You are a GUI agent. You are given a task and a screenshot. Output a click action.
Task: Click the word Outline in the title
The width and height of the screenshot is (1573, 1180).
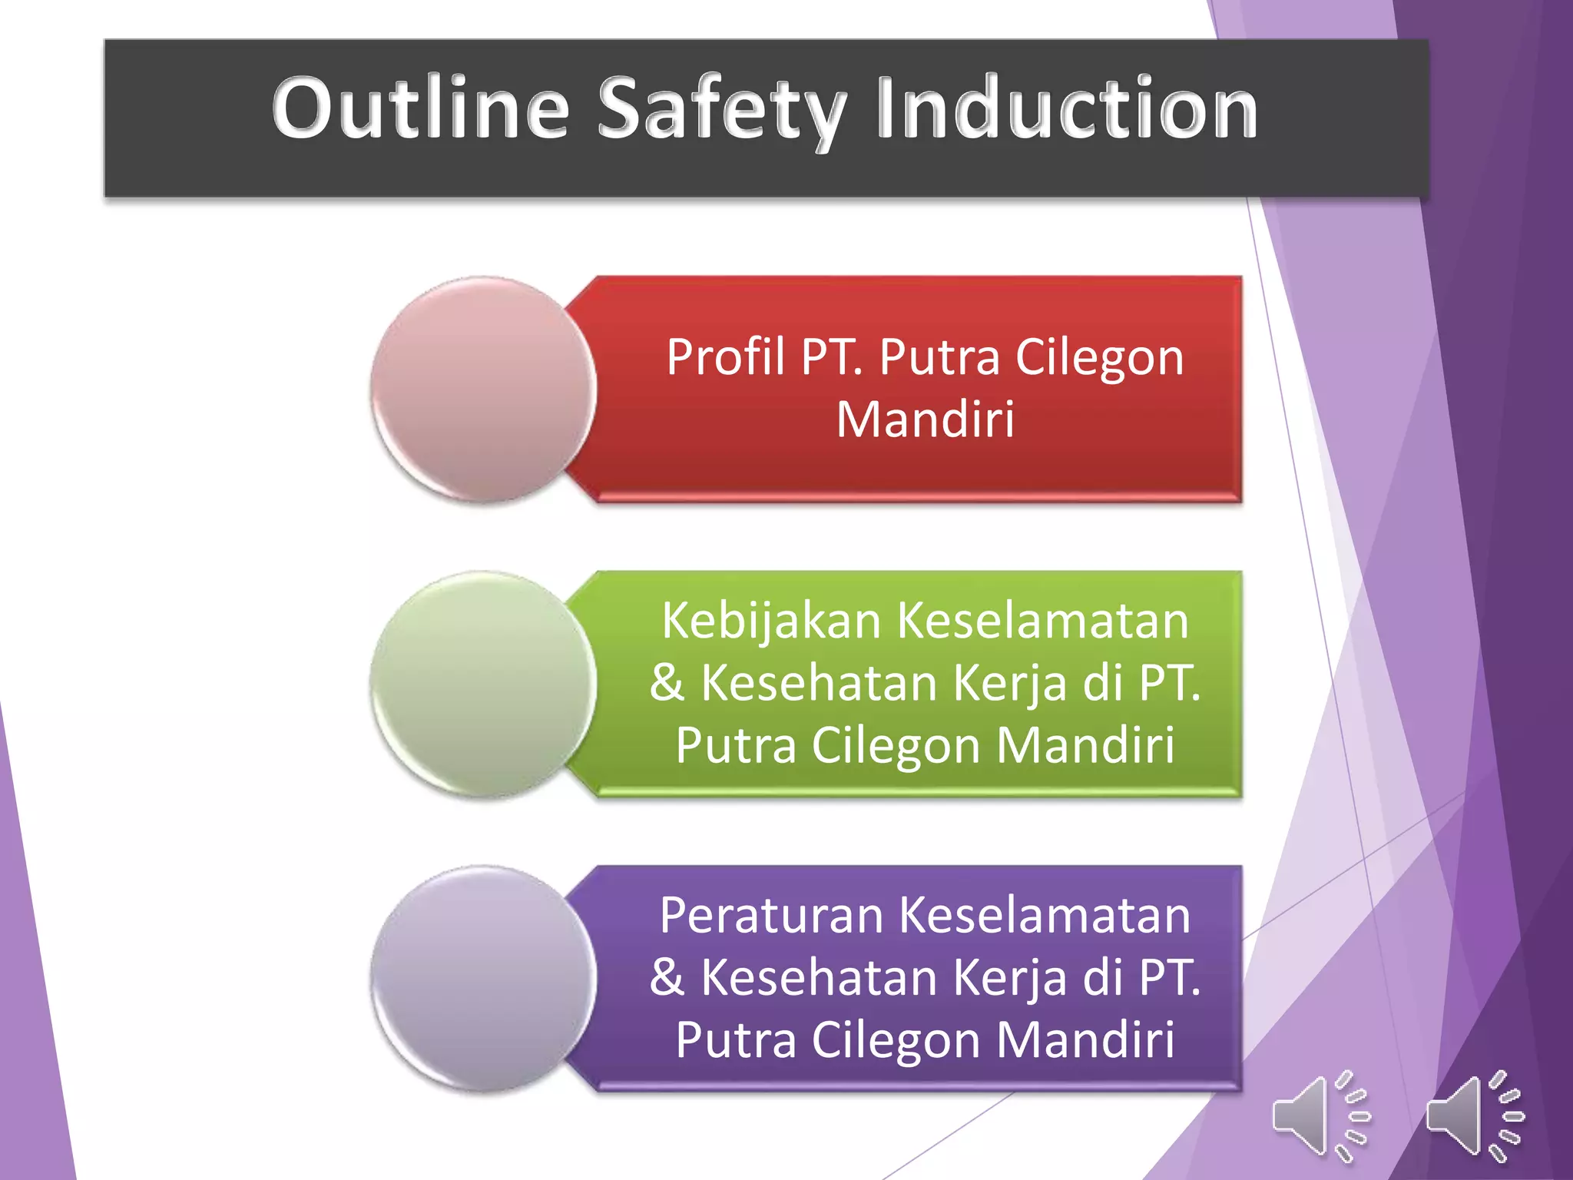(x=420, y=109)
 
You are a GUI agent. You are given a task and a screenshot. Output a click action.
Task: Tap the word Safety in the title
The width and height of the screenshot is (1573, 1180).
(x=722, y=109)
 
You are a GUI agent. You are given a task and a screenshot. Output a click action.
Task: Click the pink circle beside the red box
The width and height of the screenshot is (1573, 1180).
(x=483, y=389)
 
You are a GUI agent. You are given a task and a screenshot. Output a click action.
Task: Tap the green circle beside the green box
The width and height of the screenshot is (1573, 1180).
(x=483, y=684)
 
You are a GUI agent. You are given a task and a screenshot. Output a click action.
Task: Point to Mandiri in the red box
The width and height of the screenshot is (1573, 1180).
(x=925, y=420)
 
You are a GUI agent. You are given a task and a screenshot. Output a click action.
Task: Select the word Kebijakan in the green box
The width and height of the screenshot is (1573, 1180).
(x=771, y=621)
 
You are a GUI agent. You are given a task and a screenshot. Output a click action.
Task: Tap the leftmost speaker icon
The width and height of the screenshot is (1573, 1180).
(x=1320, y=1115)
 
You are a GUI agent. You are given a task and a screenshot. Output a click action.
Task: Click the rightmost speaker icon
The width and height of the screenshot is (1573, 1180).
(x=1473, y=1115)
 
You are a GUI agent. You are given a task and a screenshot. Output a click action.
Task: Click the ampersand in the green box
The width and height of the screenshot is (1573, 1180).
(x=667, y=683)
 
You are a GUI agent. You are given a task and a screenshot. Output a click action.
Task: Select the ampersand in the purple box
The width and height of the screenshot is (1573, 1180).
(x=667, y=978)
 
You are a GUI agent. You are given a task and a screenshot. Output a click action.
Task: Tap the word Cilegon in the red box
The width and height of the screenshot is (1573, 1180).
(x=1099, y=358)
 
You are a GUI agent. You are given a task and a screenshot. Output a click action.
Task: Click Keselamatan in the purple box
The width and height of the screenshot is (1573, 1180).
(x=1044, y=916)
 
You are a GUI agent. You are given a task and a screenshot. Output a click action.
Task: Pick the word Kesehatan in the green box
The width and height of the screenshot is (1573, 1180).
(x=819, y=683)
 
